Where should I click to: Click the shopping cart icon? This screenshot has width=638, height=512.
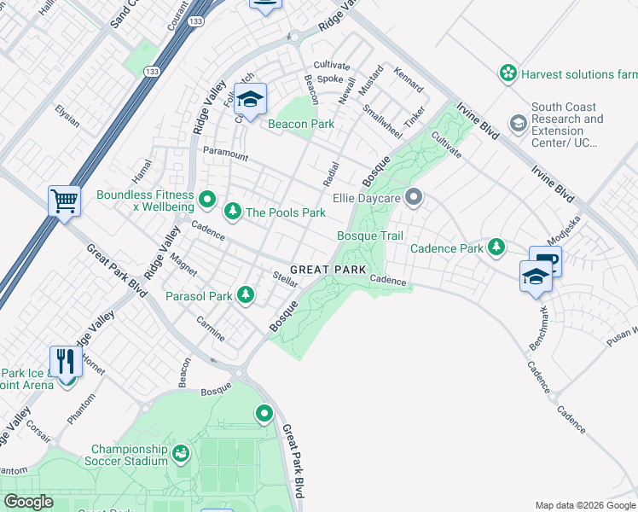point(64,201)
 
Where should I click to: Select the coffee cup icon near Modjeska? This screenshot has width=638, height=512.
point(546,261)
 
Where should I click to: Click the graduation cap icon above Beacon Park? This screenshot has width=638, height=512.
point(250,99)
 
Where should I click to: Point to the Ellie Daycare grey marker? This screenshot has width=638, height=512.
point(415,199)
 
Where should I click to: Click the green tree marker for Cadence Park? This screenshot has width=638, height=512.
point(496,248)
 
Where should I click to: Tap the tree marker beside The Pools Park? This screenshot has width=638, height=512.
point(231,211)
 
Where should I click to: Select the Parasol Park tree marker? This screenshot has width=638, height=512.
point(246,295)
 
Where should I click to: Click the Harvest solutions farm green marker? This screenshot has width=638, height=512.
point(508,73)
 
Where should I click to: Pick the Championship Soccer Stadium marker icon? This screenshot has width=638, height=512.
point(180,453)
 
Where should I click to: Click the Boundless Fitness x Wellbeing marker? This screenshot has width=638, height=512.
point(206,201)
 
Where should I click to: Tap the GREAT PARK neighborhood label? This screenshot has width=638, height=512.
point(328,270)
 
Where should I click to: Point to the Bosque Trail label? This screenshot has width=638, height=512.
point(370,236)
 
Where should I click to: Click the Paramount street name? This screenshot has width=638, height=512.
point(225,154)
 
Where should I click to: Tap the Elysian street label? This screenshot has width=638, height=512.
point(67,116)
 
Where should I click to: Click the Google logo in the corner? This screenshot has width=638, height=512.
point(28,502)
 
